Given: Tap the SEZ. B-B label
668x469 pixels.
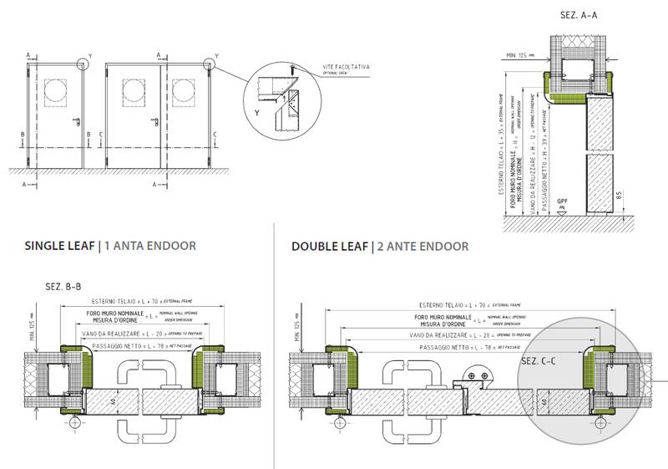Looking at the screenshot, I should point(63,287).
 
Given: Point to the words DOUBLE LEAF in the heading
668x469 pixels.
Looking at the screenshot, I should point(330,247).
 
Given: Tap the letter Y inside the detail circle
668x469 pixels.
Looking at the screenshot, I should point(256,110).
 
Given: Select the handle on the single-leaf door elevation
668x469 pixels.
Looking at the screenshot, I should point(73,125).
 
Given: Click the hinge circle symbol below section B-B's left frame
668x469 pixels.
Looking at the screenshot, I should point(74,424).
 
